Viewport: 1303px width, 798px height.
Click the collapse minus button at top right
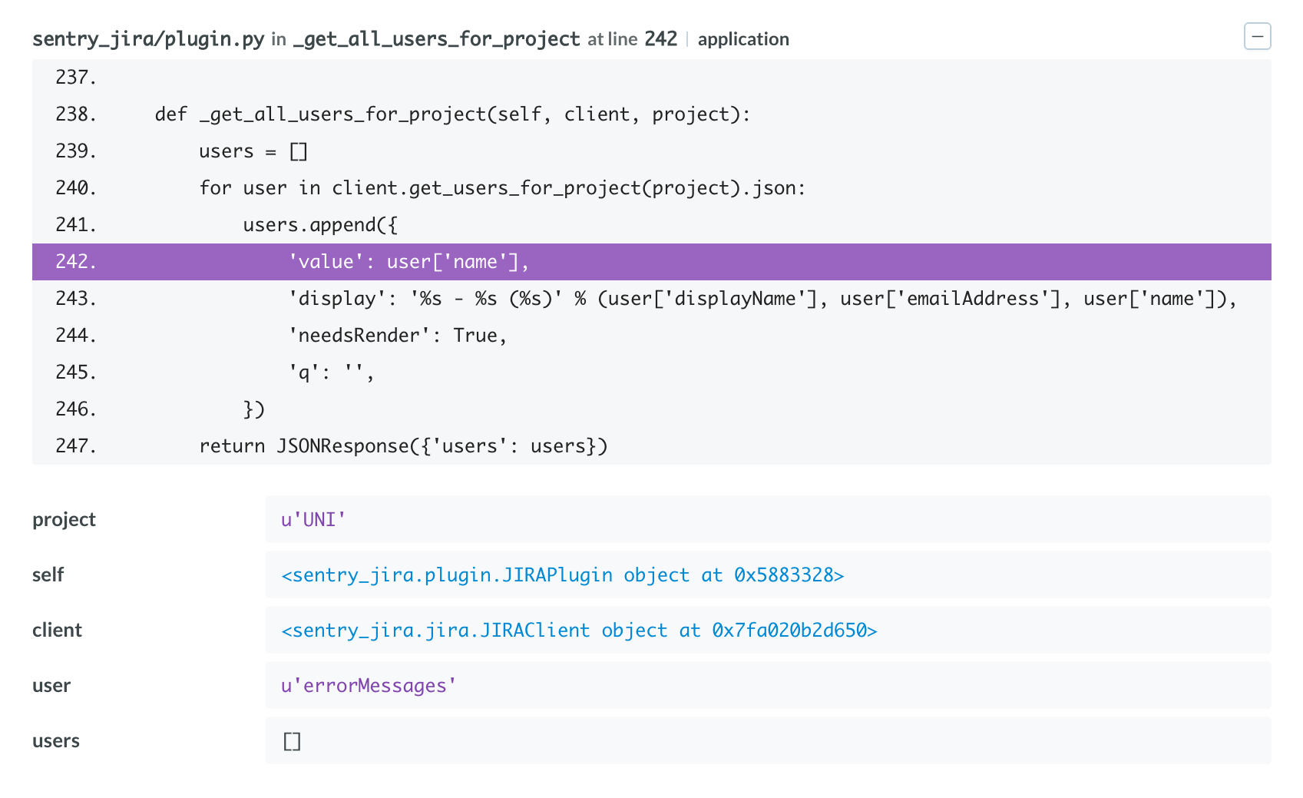1257,37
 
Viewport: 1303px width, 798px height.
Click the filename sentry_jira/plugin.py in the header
148,39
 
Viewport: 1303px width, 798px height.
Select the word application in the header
743,39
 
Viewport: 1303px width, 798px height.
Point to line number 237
75,78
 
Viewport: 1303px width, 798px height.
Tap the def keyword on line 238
171,114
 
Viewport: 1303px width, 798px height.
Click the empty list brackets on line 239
299,151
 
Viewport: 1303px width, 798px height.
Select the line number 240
75,188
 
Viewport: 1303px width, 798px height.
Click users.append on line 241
309,225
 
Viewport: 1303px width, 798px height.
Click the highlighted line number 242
75,262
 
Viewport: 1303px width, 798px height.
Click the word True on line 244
475,336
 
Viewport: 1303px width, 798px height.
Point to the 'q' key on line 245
304,373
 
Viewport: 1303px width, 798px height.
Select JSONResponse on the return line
342,446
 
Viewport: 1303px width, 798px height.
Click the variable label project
64,520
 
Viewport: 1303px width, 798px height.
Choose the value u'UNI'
313,520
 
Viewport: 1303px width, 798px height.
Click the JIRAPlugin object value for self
563,575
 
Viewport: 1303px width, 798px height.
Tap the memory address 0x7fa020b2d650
789,631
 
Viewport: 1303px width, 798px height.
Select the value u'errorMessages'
369,686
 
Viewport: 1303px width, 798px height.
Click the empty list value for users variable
292,741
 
